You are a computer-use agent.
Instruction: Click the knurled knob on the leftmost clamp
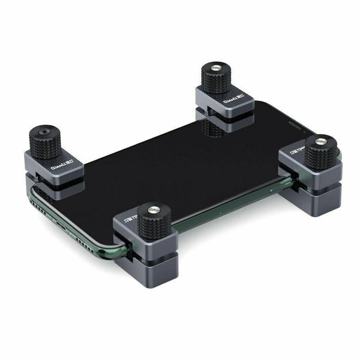tap(46, 142)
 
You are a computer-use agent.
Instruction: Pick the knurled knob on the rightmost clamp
tap(322, 152)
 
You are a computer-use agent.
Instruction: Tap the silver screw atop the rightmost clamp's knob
tap(322, 141)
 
